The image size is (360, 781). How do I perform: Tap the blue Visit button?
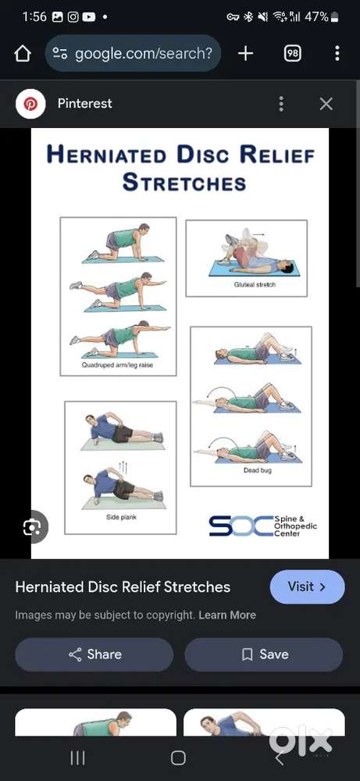(x=307, y=587)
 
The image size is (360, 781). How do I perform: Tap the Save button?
(x=264, y=654)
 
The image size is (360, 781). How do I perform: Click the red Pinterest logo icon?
(x=31, y=104)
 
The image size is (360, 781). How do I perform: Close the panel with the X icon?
(x=326, y=104)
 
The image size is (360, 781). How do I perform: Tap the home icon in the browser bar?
(x=23, y=53)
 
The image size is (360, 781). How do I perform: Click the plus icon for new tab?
(x=245, y=53)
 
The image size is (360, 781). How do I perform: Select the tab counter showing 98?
(x=292, y=53)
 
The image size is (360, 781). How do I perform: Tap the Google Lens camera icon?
(x=32, y=526)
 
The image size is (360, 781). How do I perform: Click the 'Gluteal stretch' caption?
(x=255, y=284)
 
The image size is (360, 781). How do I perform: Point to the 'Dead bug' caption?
(x=258, y=470)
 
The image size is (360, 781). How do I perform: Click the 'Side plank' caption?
(x=121, y=517)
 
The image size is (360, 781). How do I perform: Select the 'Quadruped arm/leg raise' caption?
(x=117, y=365)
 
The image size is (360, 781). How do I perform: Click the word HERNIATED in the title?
(x=106, y=155)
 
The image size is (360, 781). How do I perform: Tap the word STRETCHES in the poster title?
(x=184, y=182)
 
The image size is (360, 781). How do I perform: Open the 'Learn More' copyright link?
(x=227, y=615)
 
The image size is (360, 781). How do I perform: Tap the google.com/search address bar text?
(x=144, y=53)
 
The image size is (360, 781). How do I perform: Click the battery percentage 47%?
(x=317, y=17)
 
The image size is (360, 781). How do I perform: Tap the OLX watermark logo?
(x=301, y=740)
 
